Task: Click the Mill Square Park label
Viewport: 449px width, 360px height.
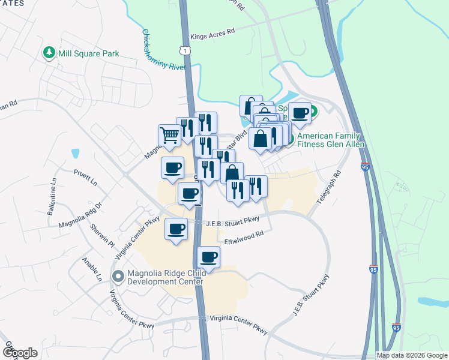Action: coord(89,53)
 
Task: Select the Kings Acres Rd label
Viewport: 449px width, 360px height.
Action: coord(212,35)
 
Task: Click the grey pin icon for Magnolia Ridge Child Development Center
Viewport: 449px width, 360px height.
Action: coord(118,277)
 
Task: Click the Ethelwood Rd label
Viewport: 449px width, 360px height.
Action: coord(244,238)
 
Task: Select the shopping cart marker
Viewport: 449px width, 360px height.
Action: coord(169,135)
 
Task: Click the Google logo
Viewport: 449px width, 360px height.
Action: coord(19,353)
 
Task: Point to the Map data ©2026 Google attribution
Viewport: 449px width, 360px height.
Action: coord(411,355)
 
